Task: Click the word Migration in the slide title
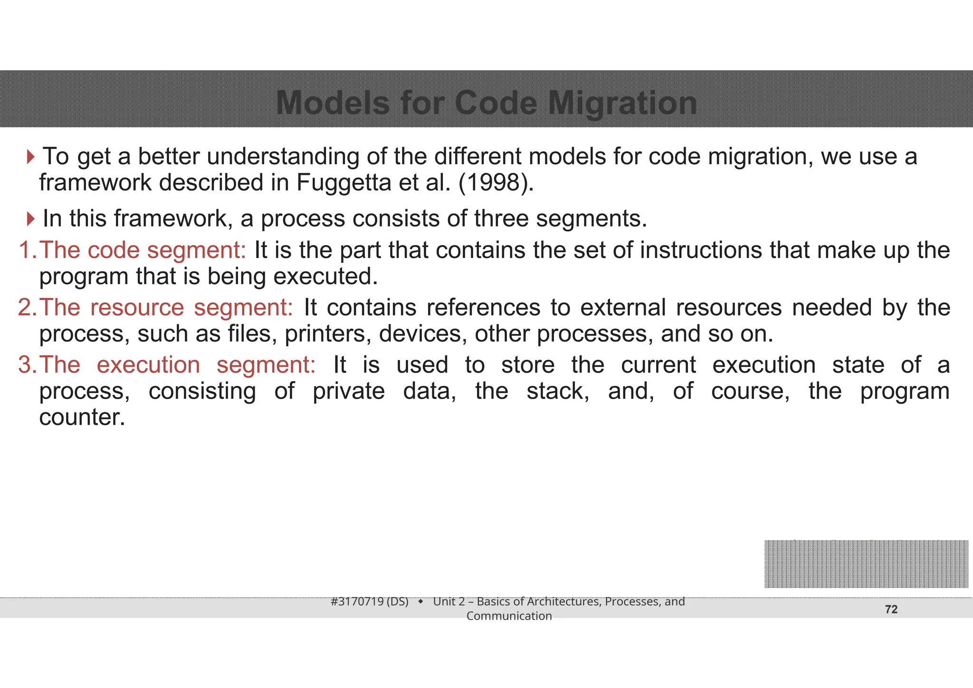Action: click(622, 103)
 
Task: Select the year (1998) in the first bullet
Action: click(496, 182)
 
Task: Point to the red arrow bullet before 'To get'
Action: click(31, 157)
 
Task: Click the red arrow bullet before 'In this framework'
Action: click(31, 219)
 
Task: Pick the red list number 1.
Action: click(26, 250)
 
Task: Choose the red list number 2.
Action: click(26, 307)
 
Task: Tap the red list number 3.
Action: click(26, 365)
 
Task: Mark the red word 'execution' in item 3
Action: click(148, 365)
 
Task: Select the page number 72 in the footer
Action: click(891, 610)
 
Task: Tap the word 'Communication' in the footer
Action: click(509, 616)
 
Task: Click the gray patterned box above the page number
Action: click(866, 564)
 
